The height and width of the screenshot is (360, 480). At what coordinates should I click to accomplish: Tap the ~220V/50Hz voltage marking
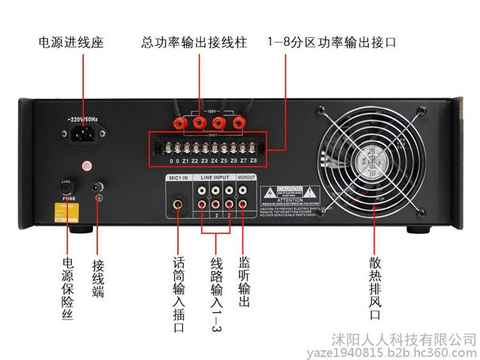(84, 120)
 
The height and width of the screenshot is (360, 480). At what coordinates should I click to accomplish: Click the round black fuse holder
(65, 188)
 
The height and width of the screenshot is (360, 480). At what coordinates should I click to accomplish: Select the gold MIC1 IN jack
(177, 206)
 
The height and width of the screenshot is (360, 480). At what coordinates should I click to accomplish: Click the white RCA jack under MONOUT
(242, 190)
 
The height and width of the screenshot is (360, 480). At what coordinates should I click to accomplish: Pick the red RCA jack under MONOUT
(242, 205)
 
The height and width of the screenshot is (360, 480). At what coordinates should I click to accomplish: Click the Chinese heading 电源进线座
(71, 43)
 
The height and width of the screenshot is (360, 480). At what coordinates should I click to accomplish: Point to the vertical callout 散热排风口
(374, 288)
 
